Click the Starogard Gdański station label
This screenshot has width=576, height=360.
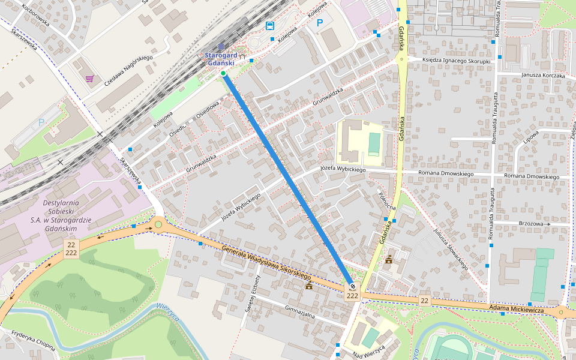click(x=220, y=59)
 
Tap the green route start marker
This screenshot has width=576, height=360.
click(x=223, y=73)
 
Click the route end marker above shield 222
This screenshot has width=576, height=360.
click(x=352, y=287)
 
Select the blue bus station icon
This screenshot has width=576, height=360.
click(x=270, y=25)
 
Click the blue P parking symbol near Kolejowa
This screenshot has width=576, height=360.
click(x=320, y=23)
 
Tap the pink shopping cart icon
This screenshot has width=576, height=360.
click(x=89, y=79)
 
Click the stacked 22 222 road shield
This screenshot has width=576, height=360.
click(x=71, y=248)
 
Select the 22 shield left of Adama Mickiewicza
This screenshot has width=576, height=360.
click(x=424, y=300)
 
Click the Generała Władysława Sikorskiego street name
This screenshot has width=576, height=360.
click(x=266, y=263)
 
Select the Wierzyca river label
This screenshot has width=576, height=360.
click(x=169, y=313)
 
